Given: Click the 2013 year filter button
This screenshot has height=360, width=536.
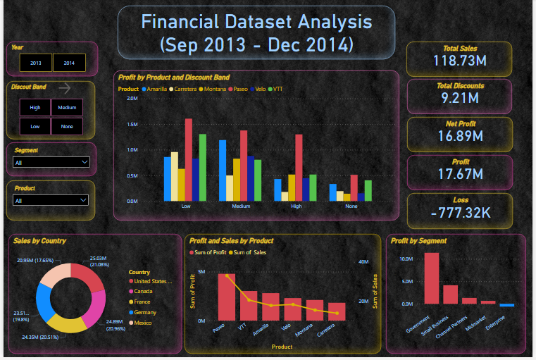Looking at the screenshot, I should [35, 63].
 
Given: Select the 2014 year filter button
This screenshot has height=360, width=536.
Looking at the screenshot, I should [69, 63].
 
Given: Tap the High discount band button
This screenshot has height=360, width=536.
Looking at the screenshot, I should [35, 108].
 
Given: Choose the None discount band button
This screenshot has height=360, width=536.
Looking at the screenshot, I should [67, 127].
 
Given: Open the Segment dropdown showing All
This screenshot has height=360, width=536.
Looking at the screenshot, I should [51, 162].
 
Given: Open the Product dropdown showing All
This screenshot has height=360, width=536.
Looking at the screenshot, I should [51, 200].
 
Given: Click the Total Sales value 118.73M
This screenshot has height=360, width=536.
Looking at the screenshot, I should [459, 61].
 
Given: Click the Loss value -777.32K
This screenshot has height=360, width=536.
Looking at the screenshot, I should [459, 212].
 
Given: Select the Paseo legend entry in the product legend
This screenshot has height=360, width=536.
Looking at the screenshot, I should [240, 89].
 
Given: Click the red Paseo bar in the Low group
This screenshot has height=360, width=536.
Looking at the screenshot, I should [189, 159].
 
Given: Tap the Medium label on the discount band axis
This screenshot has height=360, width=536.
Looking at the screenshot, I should [241, 206].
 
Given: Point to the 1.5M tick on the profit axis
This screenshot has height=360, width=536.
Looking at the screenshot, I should [132, 124].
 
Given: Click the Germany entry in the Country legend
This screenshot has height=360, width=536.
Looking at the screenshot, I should [145, 312].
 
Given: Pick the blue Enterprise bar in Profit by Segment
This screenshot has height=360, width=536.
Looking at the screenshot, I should [507, 306].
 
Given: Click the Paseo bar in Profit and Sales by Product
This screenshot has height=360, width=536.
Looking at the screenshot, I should [227, 297].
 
